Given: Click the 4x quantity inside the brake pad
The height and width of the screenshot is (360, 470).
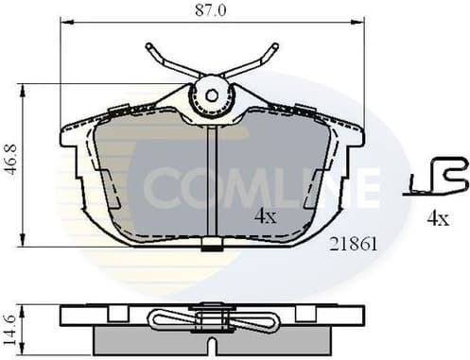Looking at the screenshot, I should [x=265, y=216].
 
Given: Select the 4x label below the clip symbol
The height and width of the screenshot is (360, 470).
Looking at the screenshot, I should [x=436, y=218].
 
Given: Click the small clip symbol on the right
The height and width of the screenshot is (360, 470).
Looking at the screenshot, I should [x=436, y=177].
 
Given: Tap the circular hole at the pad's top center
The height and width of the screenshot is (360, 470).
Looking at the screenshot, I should [x=212, y=94].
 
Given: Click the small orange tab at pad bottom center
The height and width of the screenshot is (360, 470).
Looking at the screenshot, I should [x=212, y=249].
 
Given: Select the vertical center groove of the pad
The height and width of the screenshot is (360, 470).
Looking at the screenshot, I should [x=212, y=180].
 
